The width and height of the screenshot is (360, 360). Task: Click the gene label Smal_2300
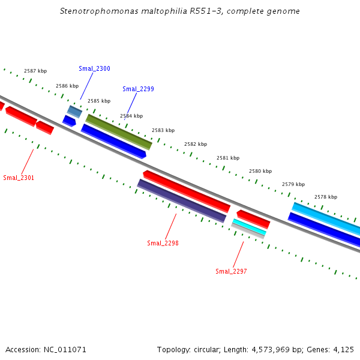pos(94,68)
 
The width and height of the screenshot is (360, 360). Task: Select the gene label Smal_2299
pos(138,89)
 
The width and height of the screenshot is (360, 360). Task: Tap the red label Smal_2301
pos(19,178)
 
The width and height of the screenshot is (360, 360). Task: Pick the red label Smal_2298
pos(163,243)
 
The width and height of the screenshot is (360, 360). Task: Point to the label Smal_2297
pos(231,271)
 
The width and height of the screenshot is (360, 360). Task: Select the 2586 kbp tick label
pos(67,86)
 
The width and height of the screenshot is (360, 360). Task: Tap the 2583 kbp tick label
pos(163,130)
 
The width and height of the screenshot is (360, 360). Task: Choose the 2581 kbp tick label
pos(228,158)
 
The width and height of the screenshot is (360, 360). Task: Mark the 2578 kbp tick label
pos(326,197)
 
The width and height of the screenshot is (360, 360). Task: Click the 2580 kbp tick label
pos(260,171)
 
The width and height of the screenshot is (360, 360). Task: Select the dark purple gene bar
pos(182,200)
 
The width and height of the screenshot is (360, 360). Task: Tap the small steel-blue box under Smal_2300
pos(74,111)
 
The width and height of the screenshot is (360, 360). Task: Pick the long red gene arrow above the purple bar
pos(187,191)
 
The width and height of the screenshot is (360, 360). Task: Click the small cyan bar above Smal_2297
pos(249,227)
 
